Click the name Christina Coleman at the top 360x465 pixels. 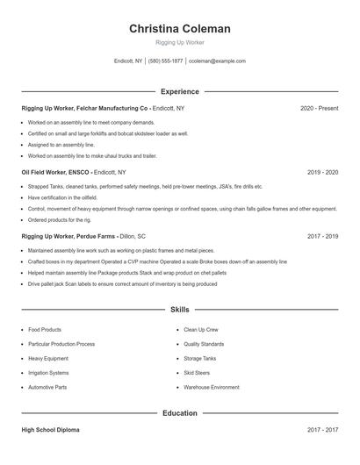point(180,29)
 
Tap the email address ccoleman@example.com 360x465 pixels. point(217,61)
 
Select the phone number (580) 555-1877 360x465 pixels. point(165,61)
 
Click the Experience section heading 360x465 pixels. point(180,91)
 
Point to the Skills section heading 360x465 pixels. point(180,310)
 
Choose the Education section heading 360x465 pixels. point(180,413)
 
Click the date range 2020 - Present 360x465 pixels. point(319,108)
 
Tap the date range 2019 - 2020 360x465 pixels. point(322,173)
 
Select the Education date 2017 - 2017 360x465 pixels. point(322,431)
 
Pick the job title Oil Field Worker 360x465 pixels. point(49,173)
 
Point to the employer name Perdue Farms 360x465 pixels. point(97,237)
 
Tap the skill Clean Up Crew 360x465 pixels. point(201,330)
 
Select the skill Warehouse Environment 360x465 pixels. point(212,387)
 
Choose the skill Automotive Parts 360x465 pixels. point(47,387)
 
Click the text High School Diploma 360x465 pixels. point(51,431)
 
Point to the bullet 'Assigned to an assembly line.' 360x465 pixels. point(61,145)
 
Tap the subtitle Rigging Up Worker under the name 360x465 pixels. point(180,42)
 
